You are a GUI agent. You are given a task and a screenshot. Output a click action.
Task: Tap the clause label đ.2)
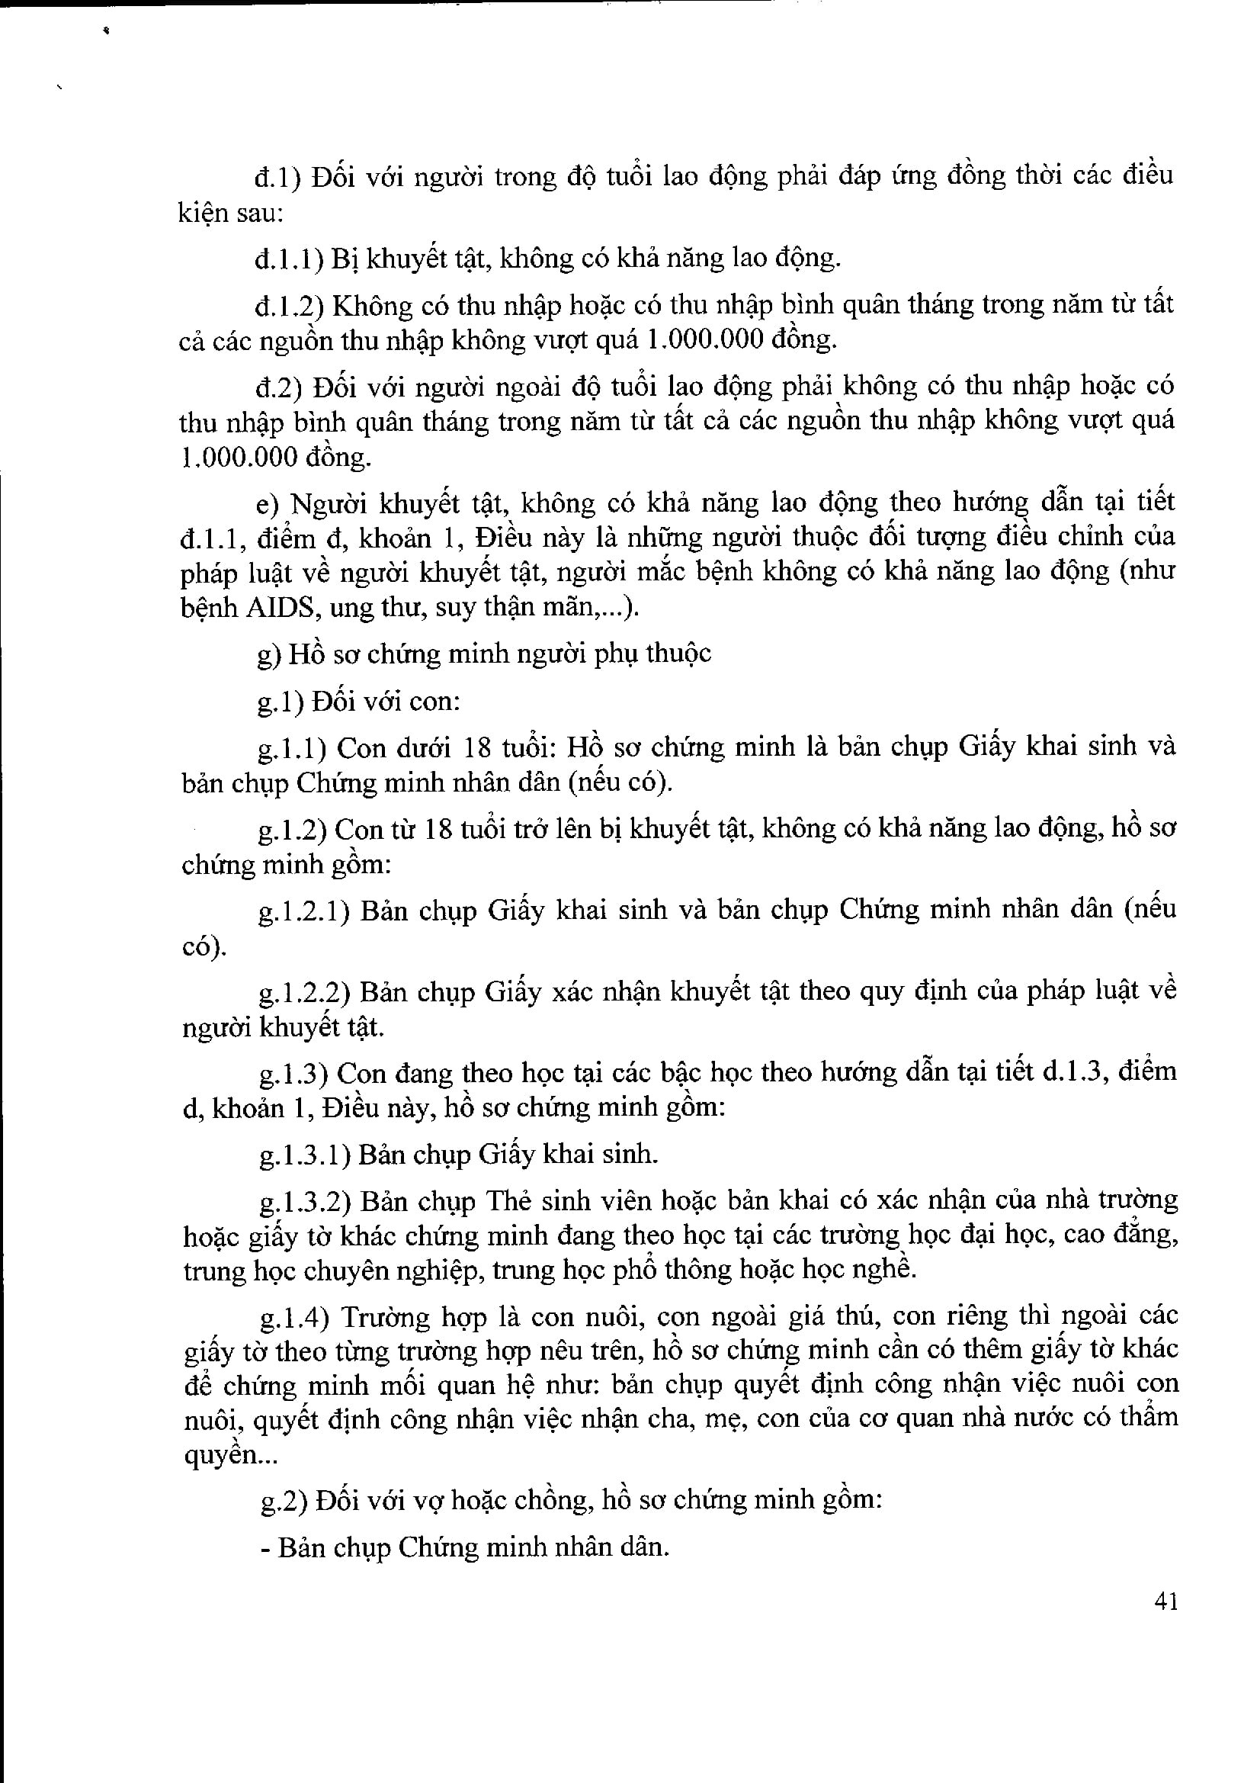pos(279,386)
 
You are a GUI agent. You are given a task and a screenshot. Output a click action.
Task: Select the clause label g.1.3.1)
pos(306,1155)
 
